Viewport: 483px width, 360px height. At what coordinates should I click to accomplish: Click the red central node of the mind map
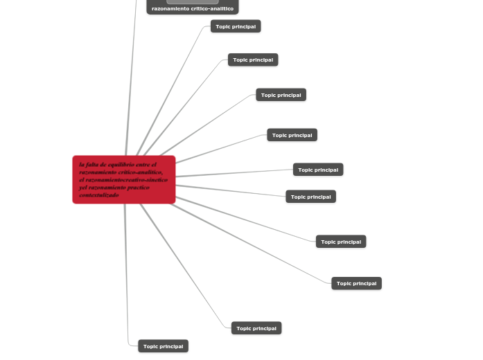124,180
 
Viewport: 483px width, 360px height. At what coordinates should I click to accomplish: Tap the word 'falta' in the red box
93,165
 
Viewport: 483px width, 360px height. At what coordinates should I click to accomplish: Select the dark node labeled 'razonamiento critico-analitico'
193,8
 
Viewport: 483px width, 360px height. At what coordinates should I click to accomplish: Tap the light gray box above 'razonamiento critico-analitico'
193,1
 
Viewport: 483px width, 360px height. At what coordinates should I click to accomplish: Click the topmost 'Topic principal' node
236,26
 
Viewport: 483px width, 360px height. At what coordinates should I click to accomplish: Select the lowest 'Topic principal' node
163,346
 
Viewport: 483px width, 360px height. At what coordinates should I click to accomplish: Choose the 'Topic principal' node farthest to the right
357,283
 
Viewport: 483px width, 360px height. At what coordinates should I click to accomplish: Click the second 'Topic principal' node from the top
253,60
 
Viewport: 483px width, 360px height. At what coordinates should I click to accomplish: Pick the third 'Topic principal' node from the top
281,95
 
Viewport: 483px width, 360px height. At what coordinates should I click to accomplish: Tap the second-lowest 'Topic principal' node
256,328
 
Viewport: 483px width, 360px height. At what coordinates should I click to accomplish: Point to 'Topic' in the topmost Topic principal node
223,26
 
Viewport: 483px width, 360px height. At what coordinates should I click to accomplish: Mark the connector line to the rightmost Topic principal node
256,244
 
